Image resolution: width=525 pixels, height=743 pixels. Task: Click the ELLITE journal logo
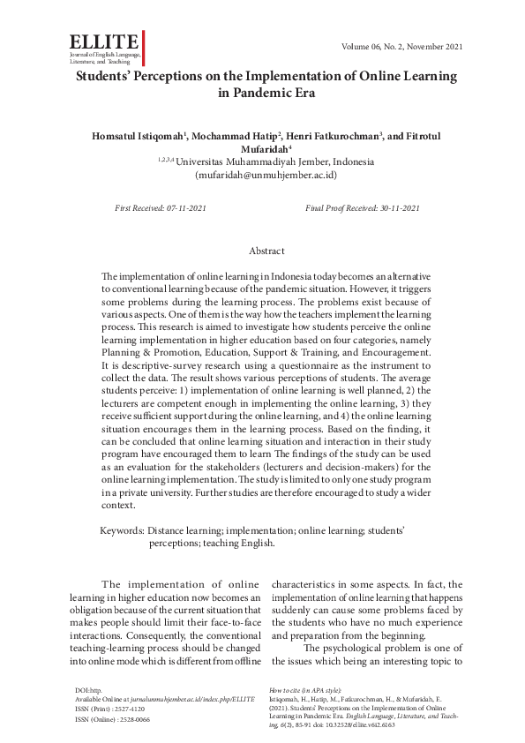pyautogui.click(x=103, y=42)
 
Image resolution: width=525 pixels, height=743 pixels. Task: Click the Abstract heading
pyautogui.click(x=266, y=251)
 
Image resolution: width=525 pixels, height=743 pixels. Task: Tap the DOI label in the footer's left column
pyautogui.click(x=83, y=687)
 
